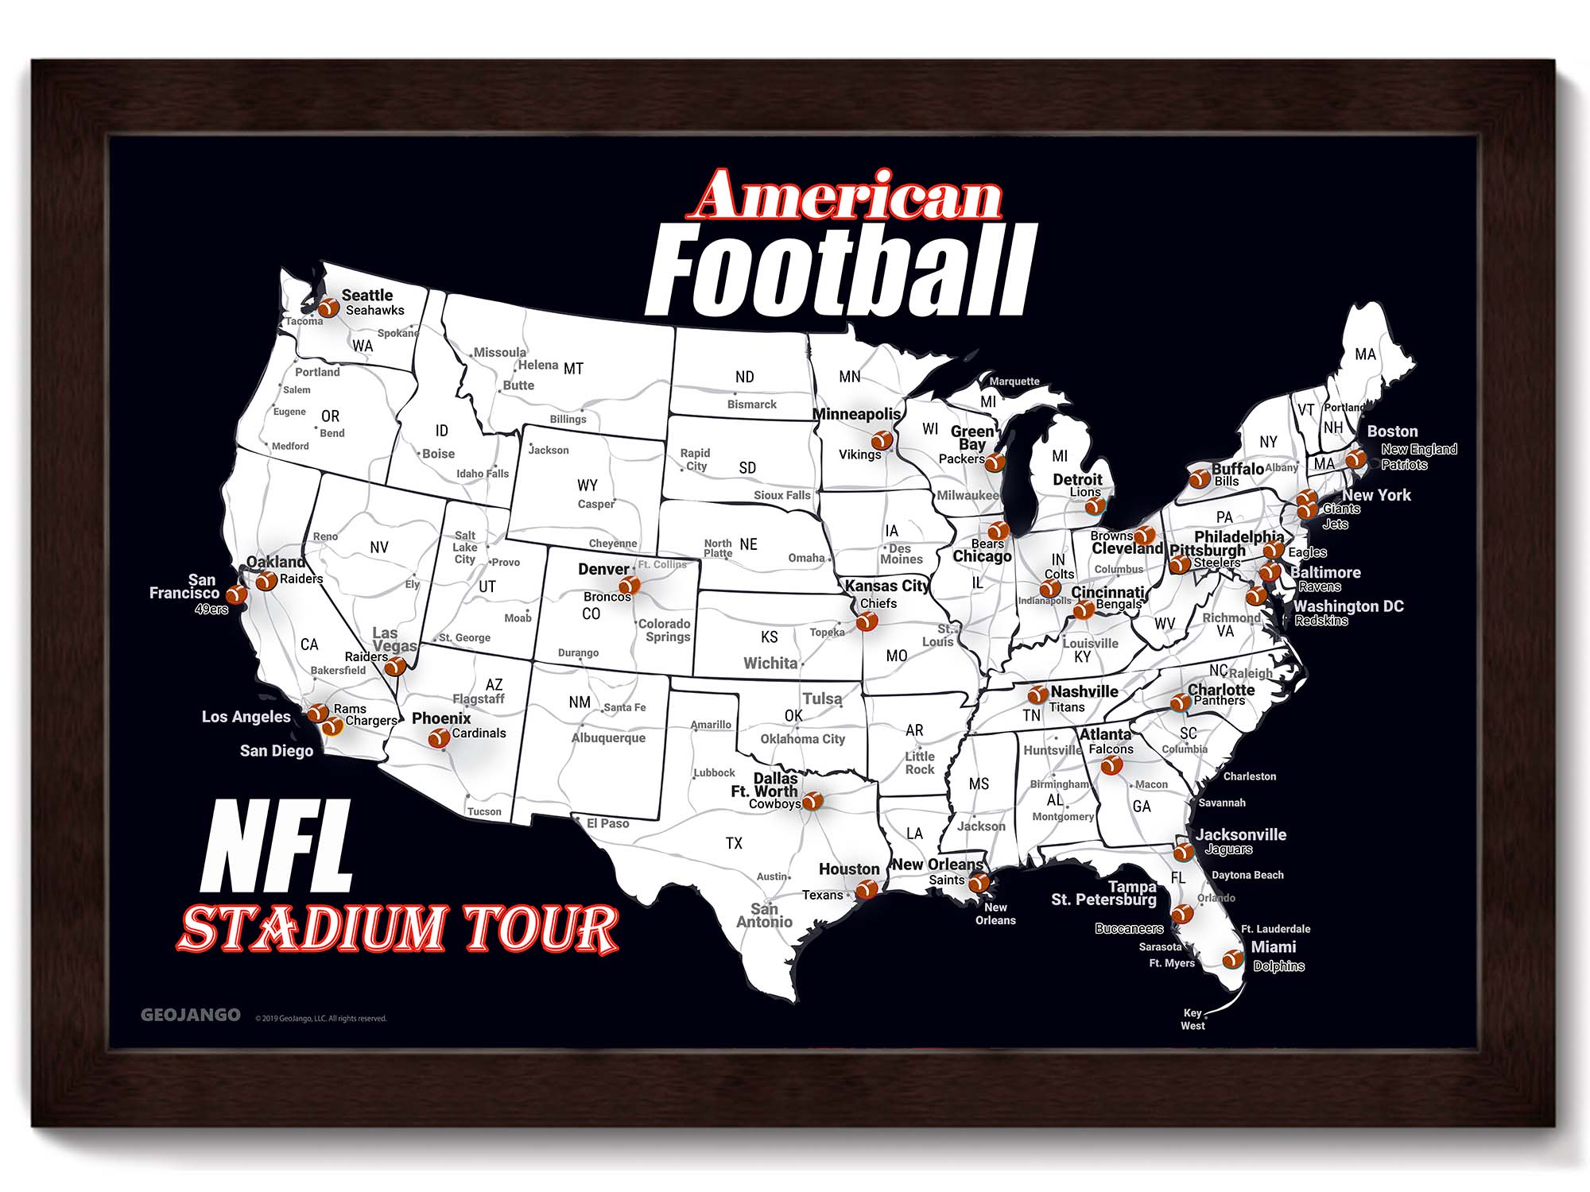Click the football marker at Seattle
328,307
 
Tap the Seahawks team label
374,311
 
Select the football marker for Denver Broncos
629,586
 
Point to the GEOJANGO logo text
190,1015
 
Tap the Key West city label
1192,1019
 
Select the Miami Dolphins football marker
1232,959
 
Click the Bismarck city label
751,404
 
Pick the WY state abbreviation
587,485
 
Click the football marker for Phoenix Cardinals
438,738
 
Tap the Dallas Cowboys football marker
812,800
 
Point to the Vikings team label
859,455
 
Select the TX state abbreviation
734,843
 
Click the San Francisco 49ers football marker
236,594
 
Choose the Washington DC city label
1348,606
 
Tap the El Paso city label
607,823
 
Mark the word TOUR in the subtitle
541,928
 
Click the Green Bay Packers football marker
995,462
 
